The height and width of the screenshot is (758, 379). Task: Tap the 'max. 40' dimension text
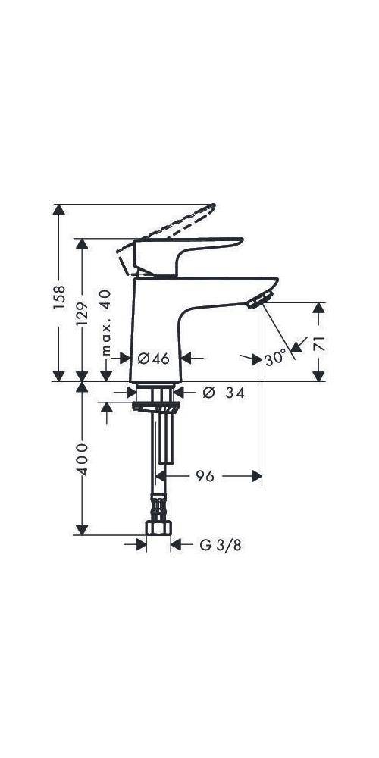pyautogui.click(x=106, y=323)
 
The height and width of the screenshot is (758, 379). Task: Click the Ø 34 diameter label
pyautogui.click(x=224, y=392)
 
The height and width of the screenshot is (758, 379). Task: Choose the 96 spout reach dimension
pyautogui.click(x=205, y=476)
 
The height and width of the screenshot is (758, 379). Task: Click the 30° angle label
pyautogui.click(x=276, y=357)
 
